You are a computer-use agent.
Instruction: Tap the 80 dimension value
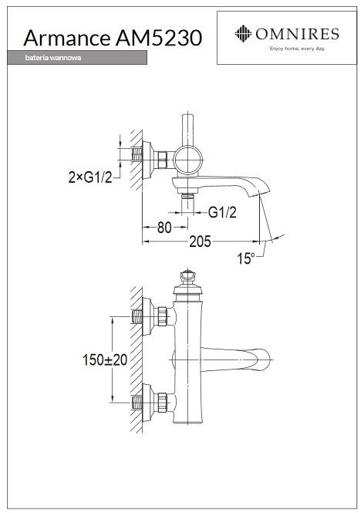(x=163, y=228)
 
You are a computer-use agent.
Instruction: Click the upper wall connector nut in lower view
(x=163, y=317)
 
